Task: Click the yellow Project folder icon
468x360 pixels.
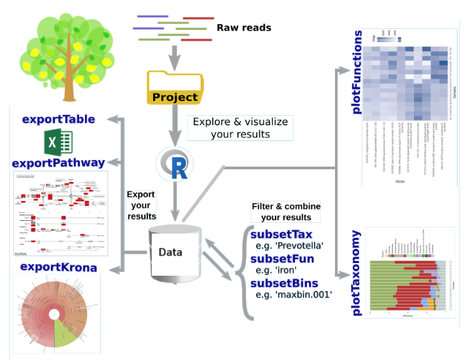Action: coord(174,88)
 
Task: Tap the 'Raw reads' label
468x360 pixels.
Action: coord(243,27)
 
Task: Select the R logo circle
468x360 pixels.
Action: coord(174,165)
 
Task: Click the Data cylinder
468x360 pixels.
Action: coord(175,252)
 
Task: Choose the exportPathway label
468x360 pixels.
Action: coord(58,163)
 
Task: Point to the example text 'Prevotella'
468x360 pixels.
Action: coord(299,246)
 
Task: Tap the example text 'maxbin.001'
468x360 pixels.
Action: coord(303,294)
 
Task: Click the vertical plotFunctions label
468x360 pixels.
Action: coord(358,72)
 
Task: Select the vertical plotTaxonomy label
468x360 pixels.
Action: coord(357,273)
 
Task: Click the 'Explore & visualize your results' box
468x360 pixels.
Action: coord(240,128)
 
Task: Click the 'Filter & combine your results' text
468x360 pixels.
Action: coord(286,211)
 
